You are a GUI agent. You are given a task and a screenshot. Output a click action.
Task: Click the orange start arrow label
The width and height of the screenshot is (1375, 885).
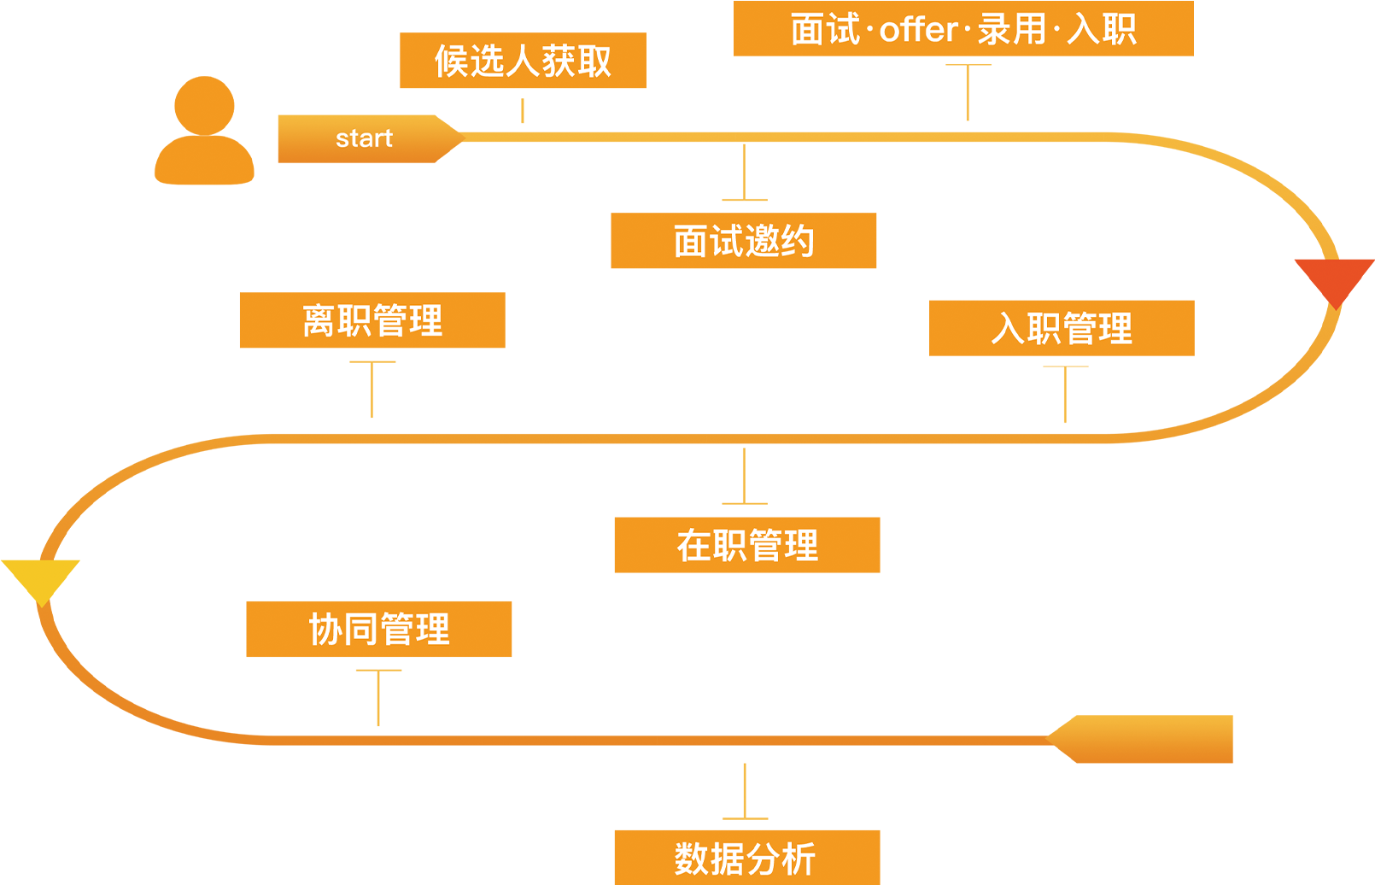point(365,138)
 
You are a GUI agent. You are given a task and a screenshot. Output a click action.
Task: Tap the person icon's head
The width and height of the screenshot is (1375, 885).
point(204,104)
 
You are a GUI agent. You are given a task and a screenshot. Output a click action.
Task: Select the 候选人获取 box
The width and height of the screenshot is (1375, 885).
point(523,61)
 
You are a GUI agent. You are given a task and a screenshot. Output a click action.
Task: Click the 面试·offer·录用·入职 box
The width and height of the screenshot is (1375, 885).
point(963,29)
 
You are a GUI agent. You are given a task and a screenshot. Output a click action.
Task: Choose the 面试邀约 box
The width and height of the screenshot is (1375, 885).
point(743,241)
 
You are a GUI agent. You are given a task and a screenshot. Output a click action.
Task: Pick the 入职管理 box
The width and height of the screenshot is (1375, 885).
point(1062,328)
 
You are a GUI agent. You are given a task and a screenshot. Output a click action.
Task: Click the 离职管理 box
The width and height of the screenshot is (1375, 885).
point(372,320)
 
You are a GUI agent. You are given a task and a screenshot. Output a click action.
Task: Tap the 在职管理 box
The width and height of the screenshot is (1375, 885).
point(746,545)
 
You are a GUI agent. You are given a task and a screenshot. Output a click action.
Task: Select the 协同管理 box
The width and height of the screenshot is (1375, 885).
point(379,630)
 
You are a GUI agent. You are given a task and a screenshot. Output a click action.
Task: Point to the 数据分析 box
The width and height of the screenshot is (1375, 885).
point(746,857)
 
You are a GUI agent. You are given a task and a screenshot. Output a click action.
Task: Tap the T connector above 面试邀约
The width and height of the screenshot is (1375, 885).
point(744,173)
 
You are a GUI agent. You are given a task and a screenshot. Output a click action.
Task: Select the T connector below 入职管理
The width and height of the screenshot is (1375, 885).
point(1065,393)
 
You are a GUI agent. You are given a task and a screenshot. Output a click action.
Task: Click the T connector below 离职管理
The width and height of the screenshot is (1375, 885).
point(372,388)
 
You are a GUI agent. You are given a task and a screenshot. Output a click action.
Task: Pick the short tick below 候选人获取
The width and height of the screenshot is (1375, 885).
point(522,110)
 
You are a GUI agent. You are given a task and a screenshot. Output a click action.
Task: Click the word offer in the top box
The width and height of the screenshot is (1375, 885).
point(918,30)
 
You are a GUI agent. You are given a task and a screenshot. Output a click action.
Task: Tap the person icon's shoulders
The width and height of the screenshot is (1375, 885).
point(204,161)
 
